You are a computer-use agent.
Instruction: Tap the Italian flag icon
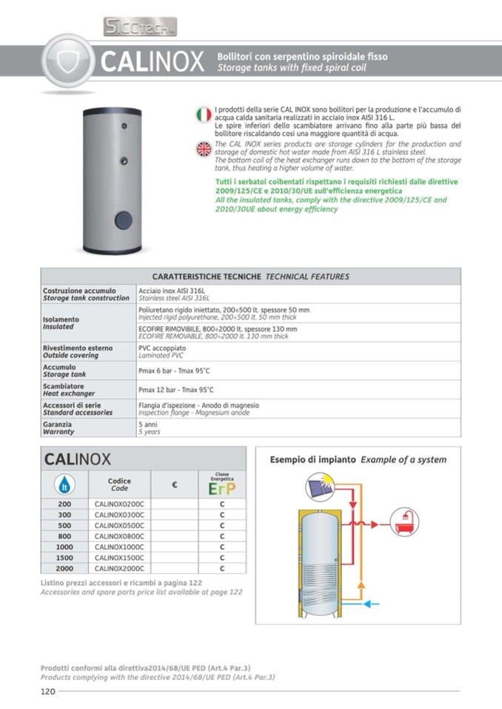203,115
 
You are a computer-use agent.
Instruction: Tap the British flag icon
203,149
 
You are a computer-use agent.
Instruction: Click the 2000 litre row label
64,569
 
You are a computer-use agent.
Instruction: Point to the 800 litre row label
64,536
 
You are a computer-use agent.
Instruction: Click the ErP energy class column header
221,485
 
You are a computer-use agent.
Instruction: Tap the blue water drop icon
64,485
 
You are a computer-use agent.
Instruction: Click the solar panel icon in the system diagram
320,489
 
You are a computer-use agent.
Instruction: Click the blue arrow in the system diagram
370,603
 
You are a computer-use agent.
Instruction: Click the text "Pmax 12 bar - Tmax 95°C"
176,390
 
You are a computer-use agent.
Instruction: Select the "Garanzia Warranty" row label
58,428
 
